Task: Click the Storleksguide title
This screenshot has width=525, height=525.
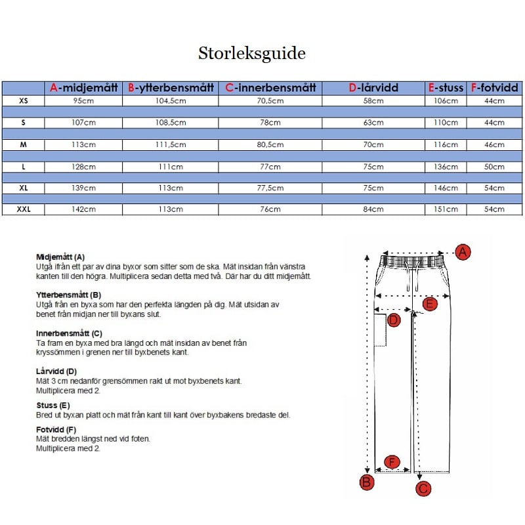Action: point(252,53)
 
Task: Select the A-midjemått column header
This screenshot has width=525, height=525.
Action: point(85,87)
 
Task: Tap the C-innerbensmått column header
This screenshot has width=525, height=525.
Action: point(271,87)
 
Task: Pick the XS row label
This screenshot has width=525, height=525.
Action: point(24,100)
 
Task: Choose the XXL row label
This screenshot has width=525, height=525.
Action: point(24,209)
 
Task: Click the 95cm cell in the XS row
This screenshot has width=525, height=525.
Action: point(85,100)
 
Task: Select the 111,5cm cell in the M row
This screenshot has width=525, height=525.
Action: point(171,144)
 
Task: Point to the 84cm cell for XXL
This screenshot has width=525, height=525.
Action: point(373,209)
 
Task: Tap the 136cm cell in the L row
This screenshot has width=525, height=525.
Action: point(446,167)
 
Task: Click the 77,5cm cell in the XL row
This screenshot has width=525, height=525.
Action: point(270,188)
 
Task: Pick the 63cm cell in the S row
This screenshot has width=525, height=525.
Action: point(373,123)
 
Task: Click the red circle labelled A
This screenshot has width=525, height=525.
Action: point(463,252)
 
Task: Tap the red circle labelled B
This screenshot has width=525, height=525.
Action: point(367,483)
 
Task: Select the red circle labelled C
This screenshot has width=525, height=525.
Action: point(423,488)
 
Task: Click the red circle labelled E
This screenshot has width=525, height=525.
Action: point(430,304)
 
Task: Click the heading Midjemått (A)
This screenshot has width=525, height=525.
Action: point(60,257)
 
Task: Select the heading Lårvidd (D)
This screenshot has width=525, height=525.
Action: point(56,371)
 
